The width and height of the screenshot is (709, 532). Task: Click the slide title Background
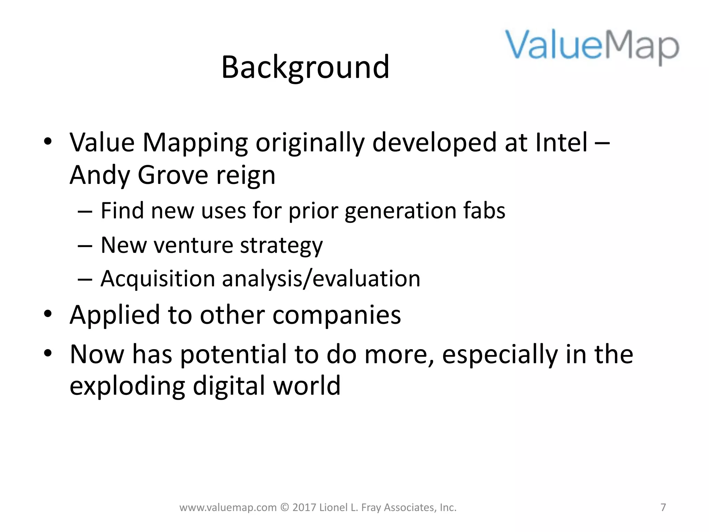pyautogui.click(x=305, y=68)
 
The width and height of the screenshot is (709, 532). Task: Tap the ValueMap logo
pyautogui.click(x=592, y=47)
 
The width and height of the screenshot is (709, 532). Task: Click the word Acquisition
pyautogui.click(x=158, y=279)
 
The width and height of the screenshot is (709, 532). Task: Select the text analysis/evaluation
pyautogui.click(x=321, y=279)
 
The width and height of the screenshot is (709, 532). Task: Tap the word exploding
pyautogui.click(x=127, y=387)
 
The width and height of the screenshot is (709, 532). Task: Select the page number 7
pyautogui.click(x=663, y=507)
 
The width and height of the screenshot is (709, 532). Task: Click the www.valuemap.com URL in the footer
pyautogui.click(x=228, y=508)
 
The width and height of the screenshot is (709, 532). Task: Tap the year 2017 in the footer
pyautogui.click(x=304, y=507)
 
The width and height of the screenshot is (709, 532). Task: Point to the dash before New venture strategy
pyautogui.click(x=85, y=246)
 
